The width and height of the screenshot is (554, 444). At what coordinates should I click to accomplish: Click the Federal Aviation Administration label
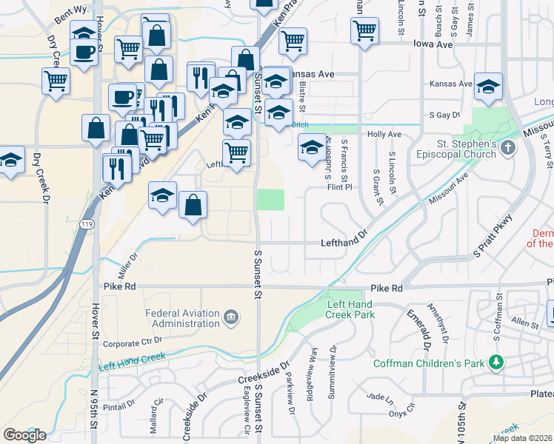tap(183, 317)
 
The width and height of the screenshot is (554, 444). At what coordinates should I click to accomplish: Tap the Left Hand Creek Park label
tap(350, 309)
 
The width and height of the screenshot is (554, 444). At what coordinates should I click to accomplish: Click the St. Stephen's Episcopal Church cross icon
tap(507, 148)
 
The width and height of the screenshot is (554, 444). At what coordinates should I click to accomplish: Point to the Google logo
tap(24, 435)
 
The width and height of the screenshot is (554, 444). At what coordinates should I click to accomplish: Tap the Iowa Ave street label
tap(434, 44)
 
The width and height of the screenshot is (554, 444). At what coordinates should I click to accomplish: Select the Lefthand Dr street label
tap(344, 242)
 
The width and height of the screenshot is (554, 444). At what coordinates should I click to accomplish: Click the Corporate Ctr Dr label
tap(133, 343)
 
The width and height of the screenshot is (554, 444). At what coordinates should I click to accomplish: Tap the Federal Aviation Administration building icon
tap(231, 317)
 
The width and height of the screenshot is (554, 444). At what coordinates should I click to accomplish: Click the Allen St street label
tap(524, 324)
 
